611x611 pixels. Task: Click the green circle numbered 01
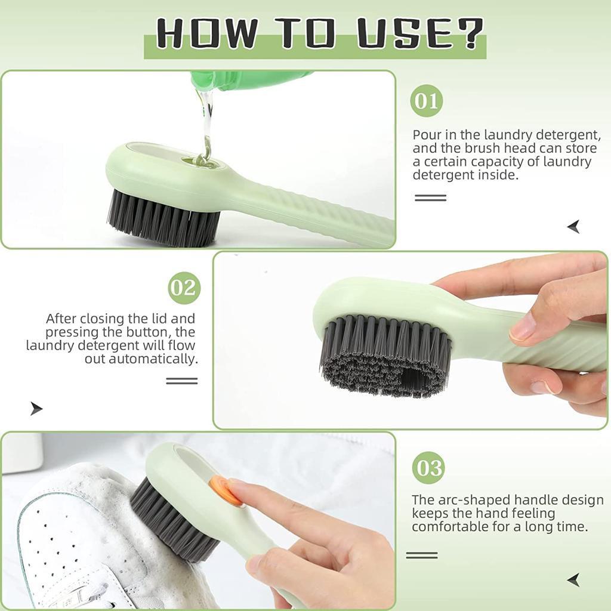coord(427,101)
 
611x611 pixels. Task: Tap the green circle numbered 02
coord(184,288)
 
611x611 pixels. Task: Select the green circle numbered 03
coord(428,467)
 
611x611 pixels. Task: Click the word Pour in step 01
coord(427,135)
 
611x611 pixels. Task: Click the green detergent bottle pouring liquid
coord(251,81)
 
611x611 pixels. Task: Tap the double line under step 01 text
coord(430,198)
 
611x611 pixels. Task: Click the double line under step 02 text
coord(181,381)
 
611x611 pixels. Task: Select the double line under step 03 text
coord(422,555)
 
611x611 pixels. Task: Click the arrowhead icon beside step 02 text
coord(36,409)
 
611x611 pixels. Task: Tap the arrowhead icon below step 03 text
coord(573,579)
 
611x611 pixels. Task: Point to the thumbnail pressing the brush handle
coord(523,328)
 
